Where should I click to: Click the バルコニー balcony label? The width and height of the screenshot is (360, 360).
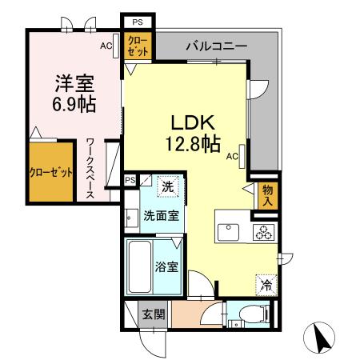tap(217, 46)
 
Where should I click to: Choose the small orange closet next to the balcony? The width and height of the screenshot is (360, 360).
tap(138, 45)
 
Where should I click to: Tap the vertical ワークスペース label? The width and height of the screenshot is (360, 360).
tap(90, 170)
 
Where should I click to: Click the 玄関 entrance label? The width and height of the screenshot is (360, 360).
tap(154, 315)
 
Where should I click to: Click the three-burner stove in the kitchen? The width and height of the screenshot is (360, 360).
tap(263, 232)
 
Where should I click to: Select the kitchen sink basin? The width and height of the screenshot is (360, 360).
tap(230, 232)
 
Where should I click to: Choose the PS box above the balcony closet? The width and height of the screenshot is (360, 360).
tap(137, 22)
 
